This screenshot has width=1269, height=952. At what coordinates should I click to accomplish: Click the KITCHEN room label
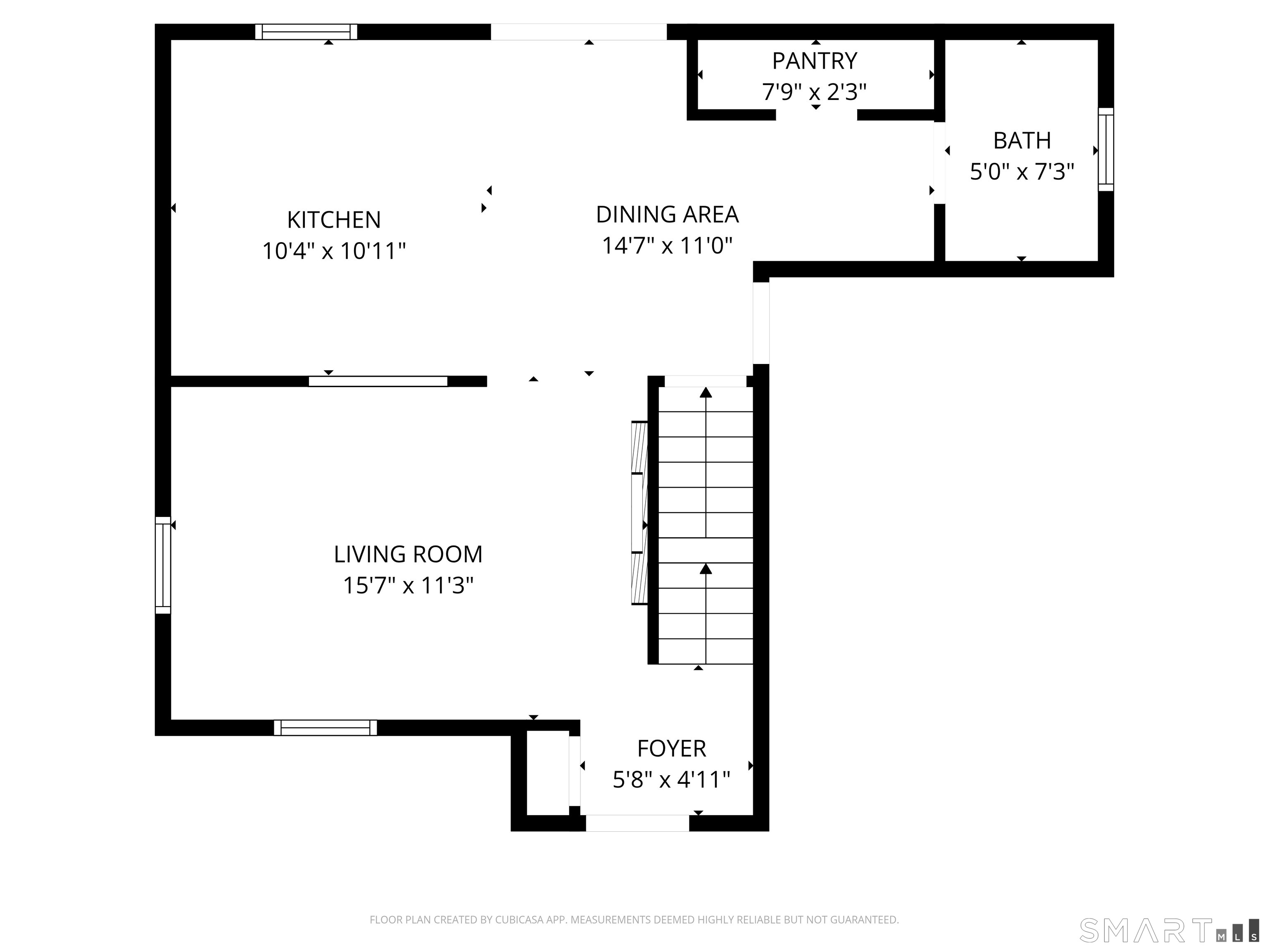point(333,220)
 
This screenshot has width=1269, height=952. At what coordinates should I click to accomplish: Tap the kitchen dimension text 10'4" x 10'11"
point(333,251)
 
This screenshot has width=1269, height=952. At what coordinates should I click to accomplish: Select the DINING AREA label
point(667,214)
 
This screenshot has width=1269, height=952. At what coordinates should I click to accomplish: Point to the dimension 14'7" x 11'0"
point(667,245)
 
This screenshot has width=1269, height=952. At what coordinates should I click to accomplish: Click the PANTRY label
point(814,61)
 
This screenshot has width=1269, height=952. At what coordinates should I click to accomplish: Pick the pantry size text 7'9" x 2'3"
point(814,92)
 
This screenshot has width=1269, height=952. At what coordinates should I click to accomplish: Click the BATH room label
point(1022,140)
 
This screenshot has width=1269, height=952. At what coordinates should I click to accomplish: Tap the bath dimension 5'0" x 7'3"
point(1022,171)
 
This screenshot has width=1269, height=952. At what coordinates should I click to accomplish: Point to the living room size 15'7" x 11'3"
point(408,586)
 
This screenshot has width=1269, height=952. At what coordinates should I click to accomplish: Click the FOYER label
point(671,749)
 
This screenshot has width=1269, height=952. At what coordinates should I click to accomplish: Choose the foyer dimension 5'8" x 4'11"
point(671,780)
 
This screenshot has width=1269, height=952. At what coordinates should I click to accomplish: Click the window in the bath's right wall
point(1105,149)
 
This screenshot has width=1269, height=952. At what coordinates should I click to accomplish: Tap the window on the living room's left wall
point(163,565)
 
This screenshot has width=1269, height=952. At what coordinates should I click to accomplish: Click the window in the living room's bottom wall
point(325,728)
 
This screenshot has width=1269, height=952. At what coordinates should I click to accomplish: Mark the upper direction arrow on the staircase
point(706,393)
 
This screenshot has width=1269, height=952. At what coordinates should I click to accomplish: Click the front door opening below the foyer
point(637,823)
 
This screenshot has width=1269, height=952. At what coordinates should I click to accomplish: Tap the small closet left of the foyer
point(547,772)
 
